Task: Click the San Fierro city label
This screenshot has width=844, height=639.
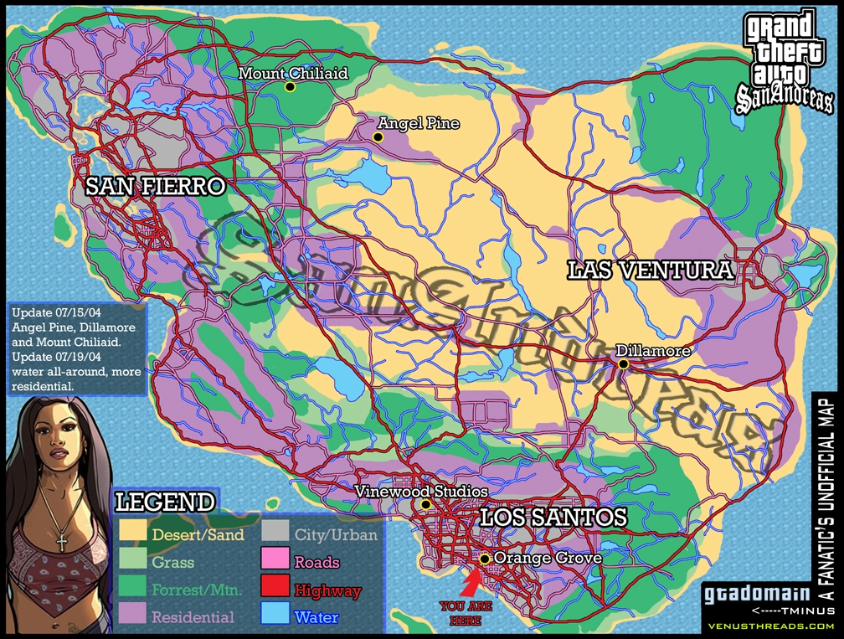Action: click(x=156, y=187)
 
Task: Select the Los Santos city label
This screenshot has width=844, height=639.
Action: click(x=553, y=518)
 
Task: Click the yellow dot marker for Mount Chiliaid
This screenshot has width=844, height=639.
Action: click(x=290, y=86)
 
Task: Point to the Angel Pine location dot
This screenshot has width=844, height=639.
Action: click(x=378, y=137)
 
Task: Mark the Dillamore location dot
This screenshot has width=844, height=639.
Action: click(x=624, y=363)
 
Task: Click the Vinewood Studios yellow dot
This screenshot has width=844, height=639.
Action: click(x=425, y=504)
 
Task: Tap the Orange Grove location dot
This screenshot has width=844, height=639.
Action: click(x=484, y=558)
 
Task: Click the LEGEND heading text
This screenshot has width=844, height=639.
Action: click(x=164, y=502)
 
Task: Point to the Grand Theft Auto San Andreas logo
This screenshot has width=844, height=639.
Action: click(x=782, y=60)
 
